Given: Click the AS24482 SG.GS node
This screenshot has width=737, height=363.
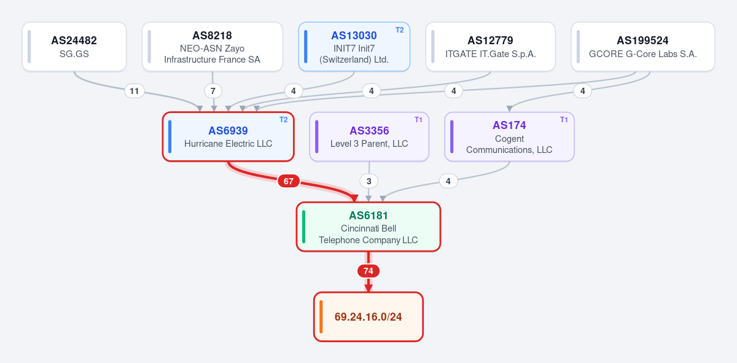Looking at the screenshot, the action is coord(74,47).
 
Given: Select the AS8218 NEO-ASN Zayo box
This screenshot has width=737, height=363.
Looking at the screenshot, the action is coord(213,47).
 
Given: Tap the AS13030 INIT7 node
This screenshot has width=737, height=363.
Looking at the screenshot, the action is coord(354,47).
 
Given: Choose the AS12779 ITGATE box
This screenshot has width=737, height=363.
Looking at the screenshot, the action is coord(491,47).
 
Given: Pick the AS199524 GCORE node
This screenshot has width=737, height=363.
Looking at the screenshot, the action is coord(643,47).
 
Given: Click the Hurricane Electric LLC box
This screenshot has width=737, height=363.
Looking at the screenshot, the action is coord(228,136).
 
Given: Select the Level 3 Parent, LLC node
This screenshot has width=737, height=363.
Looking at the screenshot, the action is coord(369,136).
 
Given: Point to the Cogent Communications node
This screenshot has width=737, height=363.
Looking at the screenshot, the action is coord(509,136).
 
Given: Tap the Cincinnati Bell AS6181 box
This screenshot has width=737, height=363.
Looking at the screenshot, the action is coord(368,227).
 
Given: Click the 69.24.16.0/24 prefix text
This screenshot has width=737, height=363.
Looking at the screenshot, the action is coord(368,316).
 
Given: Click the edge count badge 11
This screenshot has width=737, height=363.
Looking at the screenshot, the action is coord(135,91).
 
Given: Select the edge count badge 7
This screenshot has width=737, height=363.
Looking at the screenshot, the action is coord(213,91).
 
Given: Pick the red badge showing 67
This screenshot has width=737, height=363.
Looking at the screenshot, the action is coord(289,181).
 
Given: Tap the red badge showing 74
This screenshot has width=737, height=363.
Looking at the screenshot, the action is coord(368,271).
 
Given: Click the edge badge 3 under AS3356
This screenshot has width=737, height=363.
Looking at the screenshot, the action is coord(369,181).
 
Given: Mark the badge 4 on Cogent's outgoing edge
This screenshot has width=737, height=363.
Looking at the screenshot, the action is coord(448,181).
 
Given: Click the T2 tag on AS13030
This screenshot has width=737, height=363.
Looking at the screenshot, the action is coord(399,30).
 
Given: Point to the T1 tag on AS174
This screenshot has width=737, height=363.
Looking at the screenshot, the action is coord(564,120).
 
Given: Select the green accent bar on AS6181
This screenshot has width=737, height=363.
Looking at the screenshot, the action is coord(303,227).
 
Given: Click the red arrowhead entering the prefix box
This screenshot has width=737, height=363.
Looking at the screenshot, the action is coord(368,288).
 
